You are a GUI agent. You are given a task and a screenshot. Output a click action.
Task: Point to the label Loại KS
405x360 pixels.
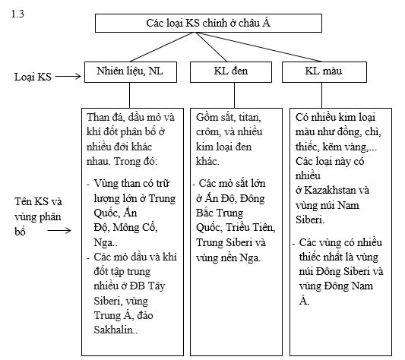coord(33,76)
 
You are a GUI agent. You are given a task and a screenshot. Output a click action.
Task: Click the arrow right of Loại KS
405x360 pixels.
coord(69,76)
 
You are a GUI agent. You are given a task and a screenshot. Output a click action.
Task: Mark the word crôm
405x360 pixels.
coord(210,132)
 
